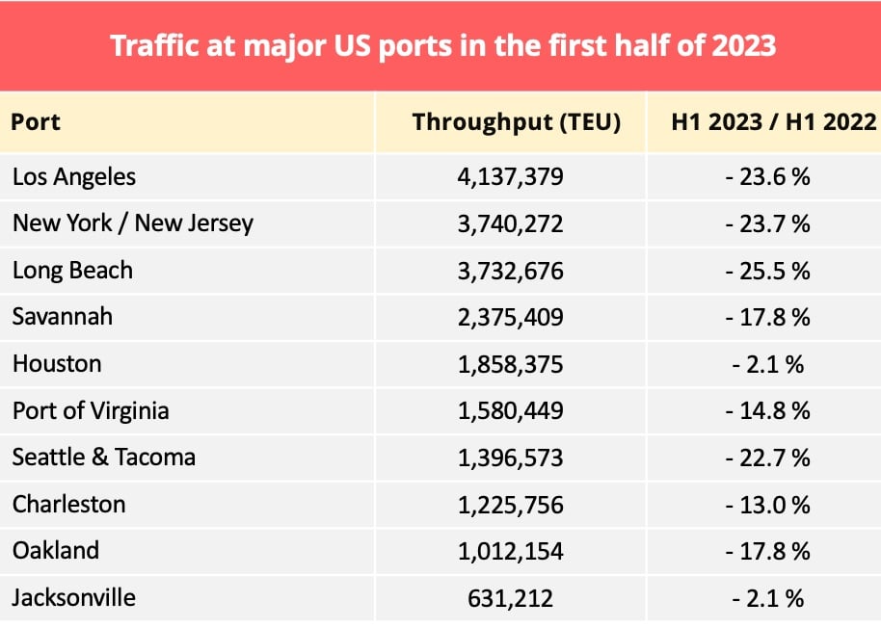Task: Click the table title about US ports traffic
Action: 442,45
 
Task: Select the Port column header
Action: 36,122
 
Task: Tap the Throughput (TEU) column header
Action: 516,122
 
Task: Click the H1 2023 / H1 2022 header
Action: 773,122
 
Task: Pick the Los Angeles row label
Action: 74,177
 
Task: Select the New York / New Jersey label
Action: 132,223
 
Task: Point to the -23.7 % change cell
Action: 768,224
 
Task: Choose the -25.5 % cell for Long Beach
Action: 768,271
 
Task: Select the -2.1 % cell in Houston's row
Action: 768,364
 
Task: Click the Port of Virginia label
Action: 91,410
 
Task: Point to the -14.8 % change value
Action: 768,411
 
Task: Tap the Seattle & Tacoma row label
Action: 103,458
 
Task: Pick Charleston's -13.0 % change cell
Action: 768,505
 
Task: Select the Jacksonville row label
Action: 73,598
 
